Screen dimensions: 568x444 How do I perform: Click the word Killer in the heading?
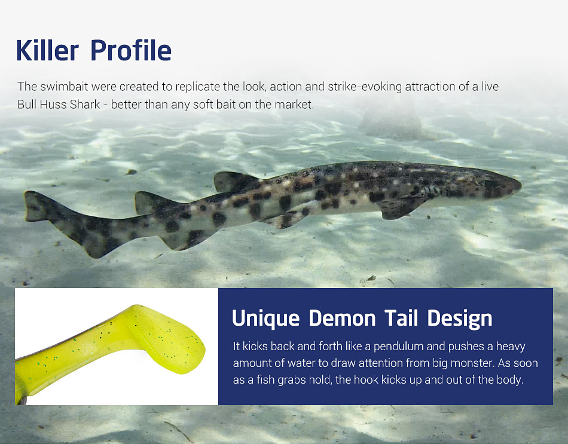tap(47, 50)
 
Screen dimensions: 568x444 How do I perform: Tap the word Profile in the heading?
tap(131, 50)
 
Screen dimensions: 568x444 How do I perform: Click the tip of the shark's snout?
tap(521, 185)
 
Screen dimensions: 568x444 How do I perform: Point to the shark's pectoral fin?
tap(398, 208)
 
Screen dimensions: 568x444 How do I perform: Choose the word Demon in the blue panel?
tap(343, 318)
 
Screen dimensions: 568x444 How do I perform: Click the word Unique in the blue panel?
tap(265, 319)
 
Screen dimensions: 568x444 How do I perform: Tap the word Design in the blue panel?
tap(460, 319)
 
